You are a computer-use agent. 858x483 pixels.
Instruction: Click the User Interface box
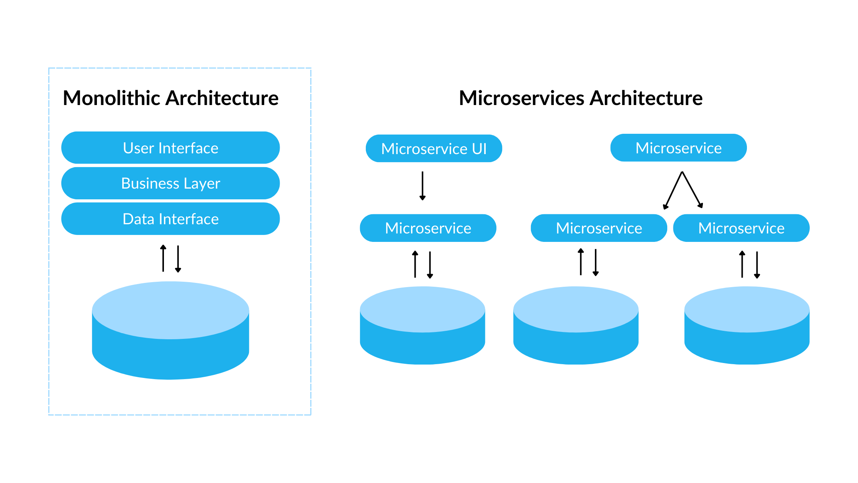(170, 148)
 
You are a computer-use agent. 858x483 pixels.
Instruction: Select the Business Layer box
(170, 183)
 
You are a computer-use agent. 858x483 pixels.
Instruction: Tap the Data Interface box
(170, 219)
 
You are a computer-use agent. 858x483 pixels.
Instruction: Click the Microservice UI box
(434, 149)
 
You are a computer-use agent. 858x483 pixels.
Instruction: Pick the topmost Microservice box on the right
(678, 148)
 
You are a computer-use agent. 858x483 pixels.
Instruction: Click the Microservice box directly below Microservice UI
(428, 228)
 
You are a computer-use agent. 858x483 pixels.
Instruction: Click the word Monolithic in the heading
(111, 98)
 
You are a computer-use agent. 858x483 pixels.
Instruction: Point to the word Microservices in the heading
(521, 98)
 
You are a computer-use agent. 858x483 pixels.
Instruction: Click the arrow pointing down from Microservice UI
(422, 186)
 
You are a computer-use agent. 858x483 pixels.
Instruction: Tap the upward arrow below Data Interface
(163, 258)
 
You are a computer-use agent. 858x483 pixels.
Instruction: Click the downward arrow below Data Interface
(178, 259)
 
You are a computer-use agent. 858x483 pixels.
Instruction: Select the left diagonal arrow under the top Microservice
(673, 191)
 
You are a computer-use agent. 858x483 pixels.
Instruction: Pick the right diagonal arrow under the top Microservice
(692, 190)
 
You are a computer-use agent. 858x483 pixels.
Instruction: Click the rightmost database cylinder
(747, 326)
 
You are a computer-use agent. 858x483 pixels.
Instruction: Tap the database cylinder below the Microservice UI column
(422, 326)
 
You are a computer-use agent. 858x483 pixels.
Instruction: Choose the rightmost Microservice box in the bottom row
(741, 228)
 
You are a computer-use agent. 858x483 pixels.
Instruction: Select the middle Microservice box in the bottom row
(599, 228)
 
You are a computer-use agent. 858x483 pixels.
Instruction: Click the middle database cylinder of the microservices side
(576, 326)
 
